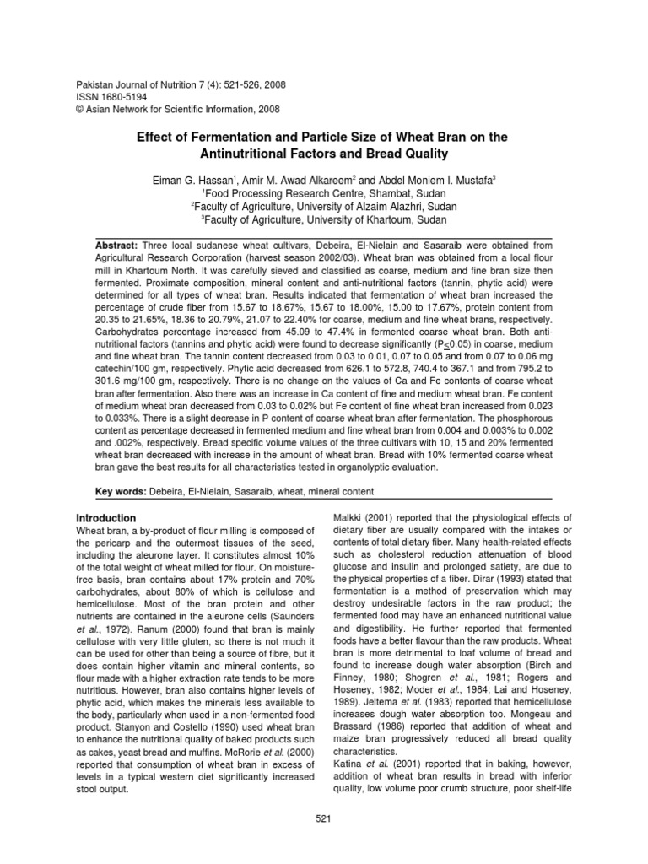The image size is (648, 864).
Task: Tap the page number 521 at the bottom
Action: (324, 818)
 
